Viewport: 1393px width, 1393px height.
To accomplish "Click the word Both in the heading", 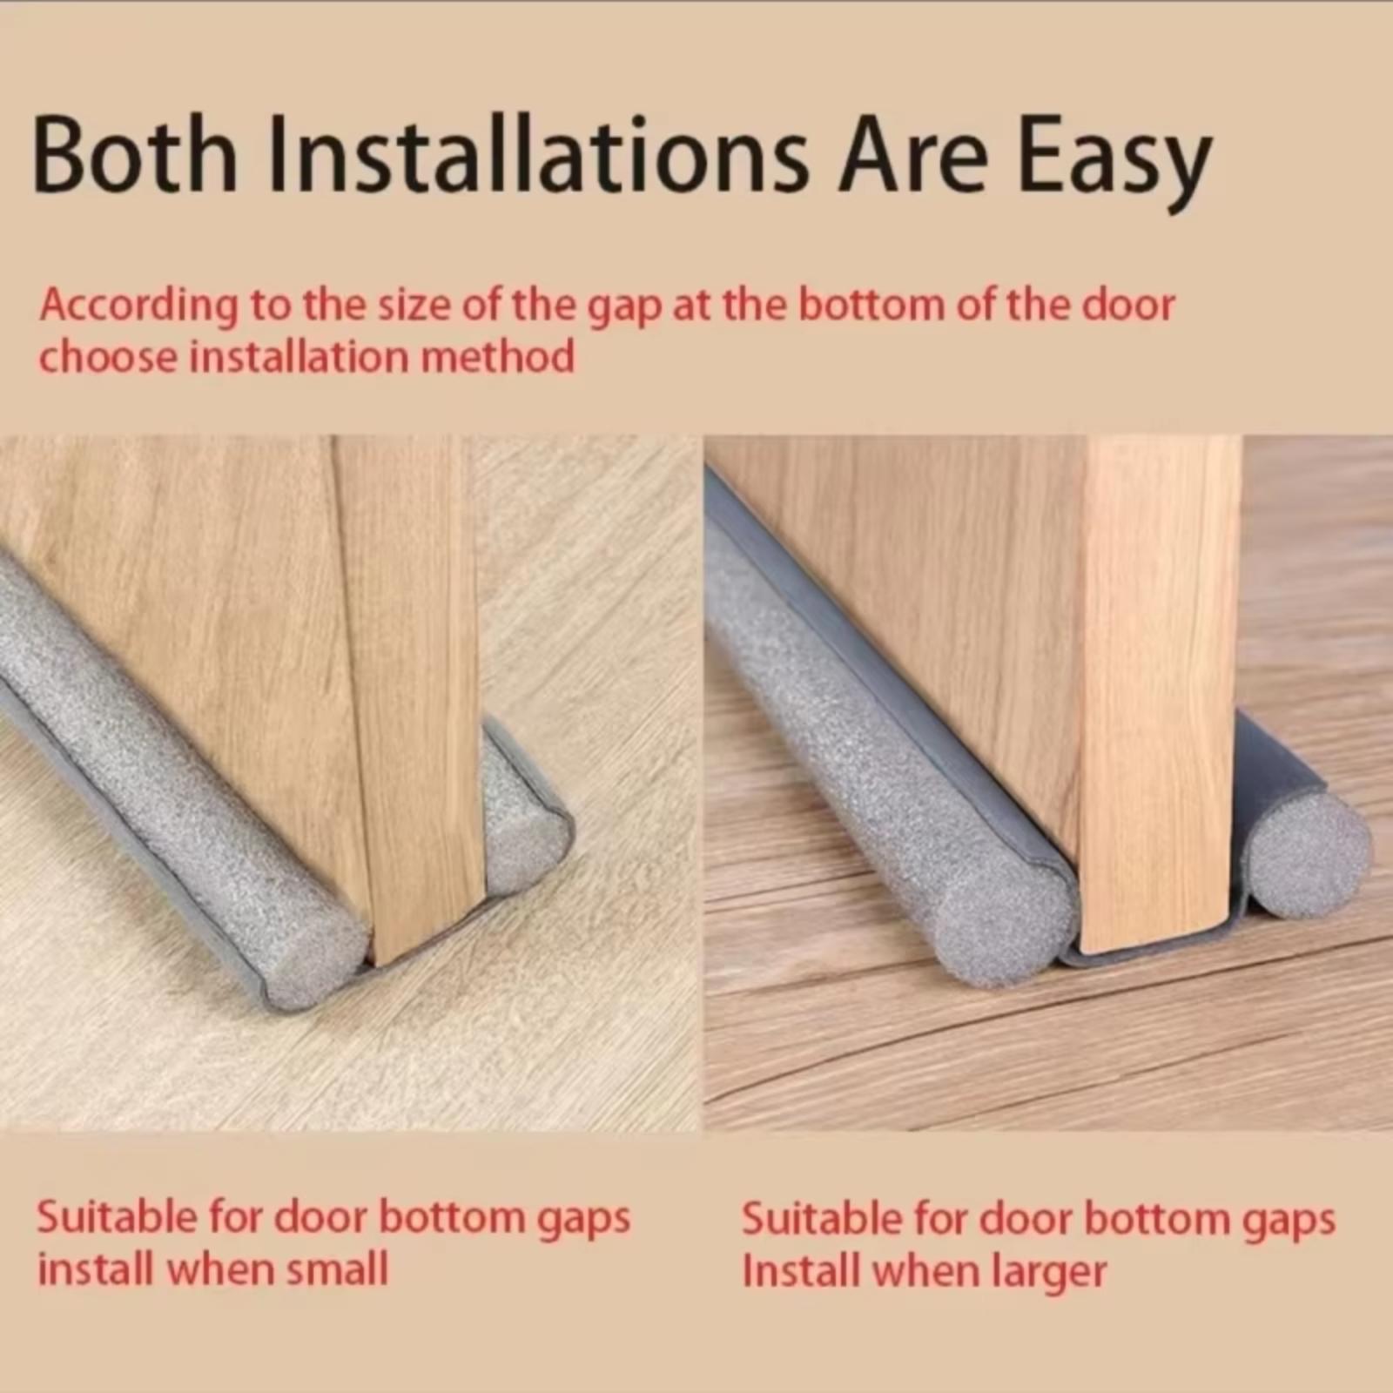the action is click(x=135, y=156).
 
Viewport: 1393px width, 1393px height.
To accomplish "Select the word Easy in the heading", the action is click(x=1114, y=165).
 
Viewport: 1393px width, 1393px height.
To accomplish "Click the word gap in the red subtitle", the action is click(x=624, y=310).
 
